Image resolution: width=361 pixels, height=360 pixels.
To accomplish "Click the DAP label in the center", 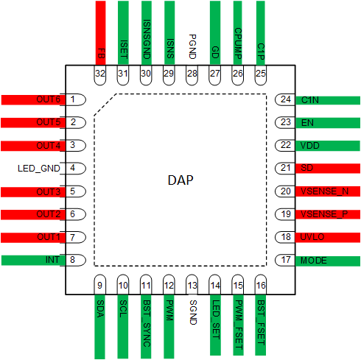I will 180,180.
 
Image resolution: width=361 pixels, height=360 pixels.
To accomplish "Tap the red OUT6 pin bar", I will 33,99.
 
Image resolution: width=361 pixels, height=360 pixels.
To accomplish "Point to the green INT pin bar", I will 33,260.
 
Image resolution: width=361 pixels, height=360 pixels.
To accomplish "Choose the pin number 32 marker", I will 100,74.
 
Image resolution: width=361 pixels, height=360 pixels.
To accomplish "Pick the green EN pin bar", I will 329,122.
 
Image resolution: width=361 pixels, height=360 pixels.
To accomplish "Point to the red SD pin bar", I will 329,169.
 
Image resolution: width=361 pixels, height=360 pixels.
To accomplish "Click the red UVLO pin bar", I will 329,237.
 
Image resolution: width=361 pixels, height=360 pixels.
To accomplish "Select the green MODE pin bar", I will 329,260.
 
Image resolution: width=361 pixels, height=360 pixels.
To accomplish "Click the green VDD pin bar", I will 329,145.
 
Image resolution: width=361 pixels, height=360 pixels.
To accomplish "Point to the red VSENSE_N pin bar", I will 329,191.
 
